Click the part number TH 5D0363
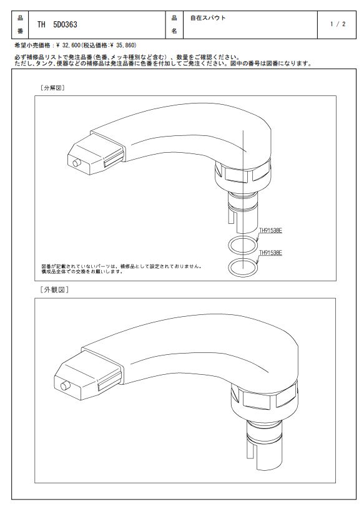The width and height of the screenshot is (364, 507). [57, 24]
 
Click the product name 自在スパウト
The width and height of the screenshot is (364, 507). [207, 18]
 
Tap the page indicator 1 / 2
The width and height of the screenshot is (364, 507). [337, 24]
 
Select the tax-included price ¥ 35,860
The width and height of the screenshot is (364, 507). [124, 46]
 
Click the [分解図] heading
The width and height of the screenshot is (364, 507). [52, 88]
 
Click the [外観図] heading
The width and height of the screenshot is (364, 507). [54, 290]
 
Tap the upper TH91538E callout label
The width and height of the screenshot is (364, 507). [270, 231]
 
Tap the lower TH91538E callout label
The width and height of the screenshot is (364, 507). [270, 253]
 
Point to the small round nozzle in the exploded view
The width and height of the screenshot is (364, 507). [77, 163]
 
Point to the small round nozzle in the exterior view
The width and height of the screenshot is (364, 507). [66, 386]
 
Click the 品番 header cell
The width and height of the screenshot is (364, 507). [20, 24]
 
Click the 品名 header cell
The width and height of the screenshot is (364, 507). [174, 24]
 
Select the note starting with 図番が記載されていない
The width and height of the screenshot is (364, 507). [122, 269]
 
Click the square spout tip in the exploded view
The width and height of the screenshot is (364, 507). [96, 155]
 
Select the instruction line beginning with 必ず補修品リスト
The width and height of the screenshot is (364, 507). [127, 57]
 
